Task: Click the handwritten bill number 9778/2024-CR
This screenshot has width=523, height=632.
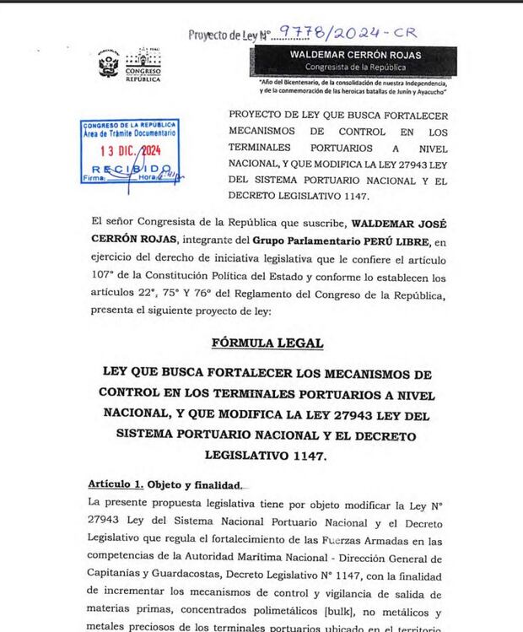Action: click(347, 33)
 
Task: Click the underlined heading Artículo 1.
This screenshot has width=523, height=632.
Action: click(116, 484)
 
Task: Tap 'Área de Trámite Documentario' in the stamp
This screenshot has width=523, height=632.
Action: click(129, 133)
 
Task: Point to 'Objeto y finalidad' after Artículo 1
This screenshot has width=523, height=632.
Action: click(196, 484)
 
